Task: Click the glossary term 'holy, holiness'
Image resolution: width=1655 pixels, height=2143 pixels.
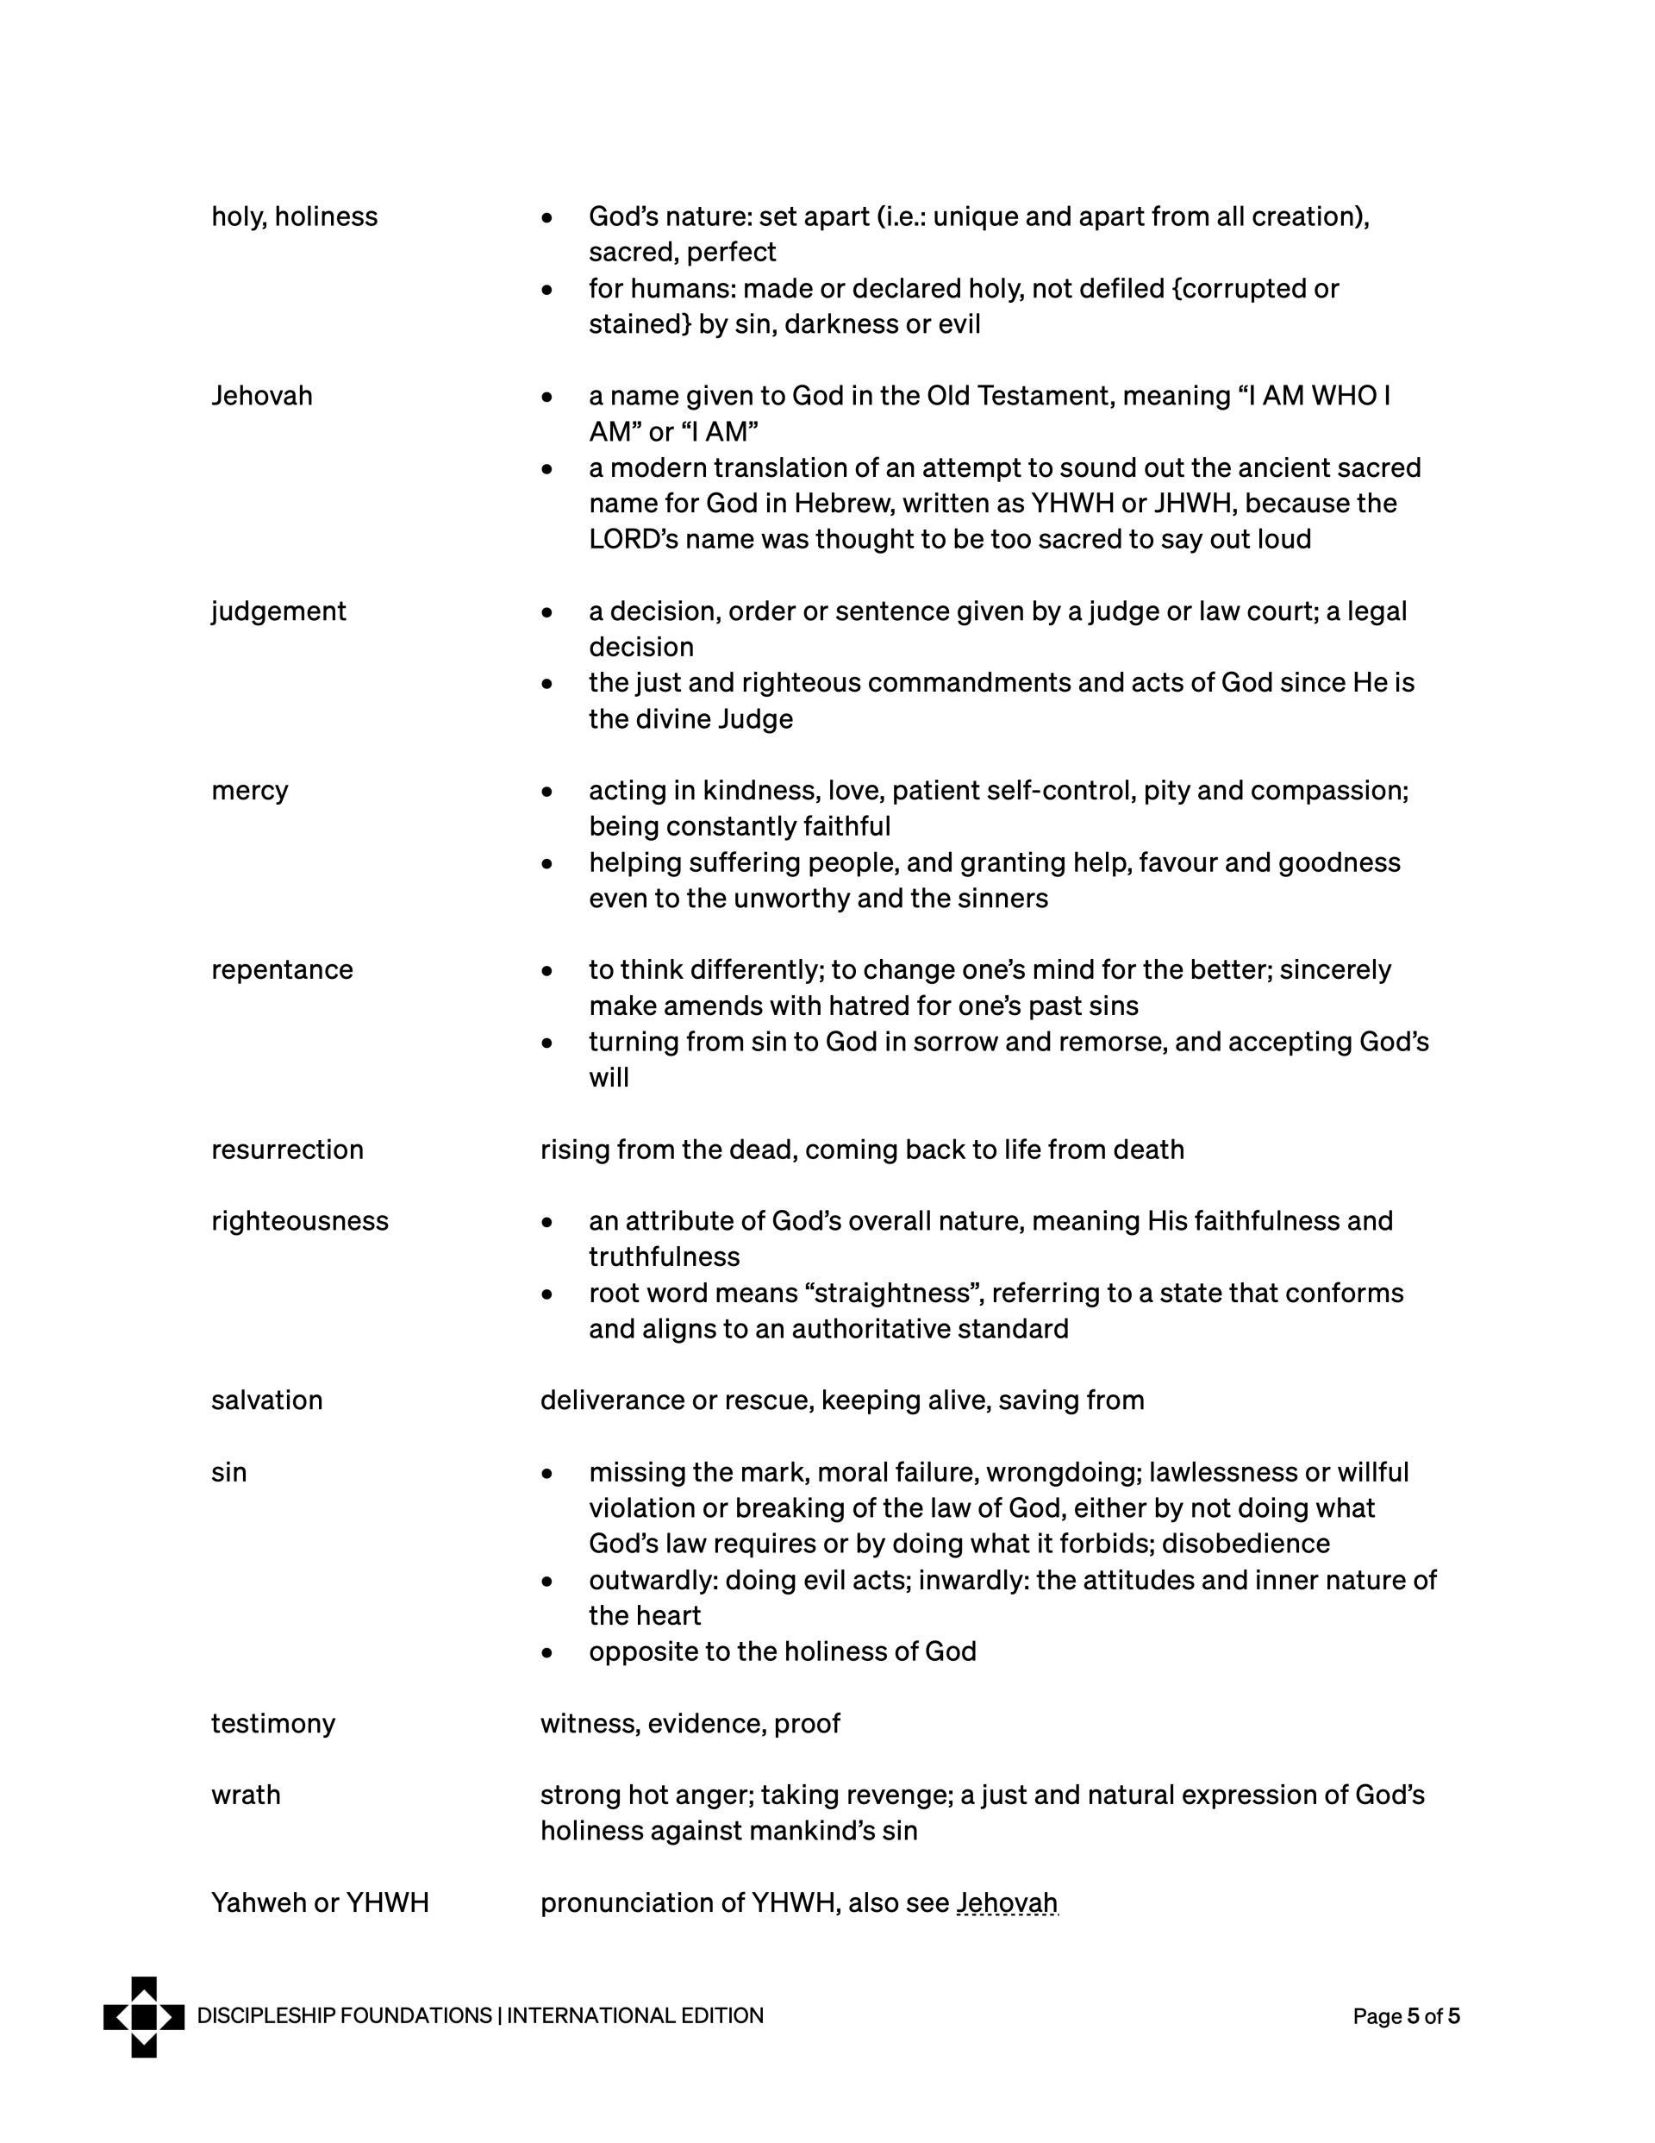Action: pos(294,216)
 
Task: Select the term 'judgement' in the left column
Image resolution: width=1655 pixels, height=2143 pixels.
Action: pos(278,611)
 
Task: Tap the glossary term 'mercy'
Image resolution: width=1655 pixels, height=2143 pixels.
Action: pos(249,791)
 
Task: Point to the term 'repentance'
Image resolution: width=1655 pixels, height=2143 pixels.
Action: pos(282,970)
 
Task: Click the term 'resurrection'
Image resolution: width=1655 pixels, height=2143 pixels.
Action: pos(286,1150)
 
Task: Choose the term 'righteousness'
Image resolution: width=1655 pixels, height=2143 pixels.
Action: pos(299,1222)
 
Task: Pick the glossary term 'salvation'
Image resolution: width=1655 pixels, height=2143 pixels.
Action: pos(267,1400)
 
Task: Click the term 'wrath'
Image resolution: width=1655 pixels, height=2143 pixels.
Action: pos(246,1795)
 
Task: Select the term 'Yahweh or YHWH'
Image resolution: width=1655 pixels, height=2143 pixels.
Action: pos(320,1903)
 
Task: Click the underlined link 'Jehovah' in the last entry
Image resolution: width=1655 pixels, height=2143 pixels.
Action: pos(1007,1903)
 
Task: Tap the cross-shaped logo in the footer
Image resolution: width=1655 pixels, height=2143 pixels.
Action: pos(144,2016)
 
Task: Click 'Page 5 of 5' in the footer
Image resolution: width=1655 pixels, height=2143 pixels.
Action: pos(1406,2016)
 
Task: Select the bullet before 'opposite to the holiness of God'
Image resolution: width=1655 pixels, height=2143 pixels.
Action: pos(547,1653)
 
